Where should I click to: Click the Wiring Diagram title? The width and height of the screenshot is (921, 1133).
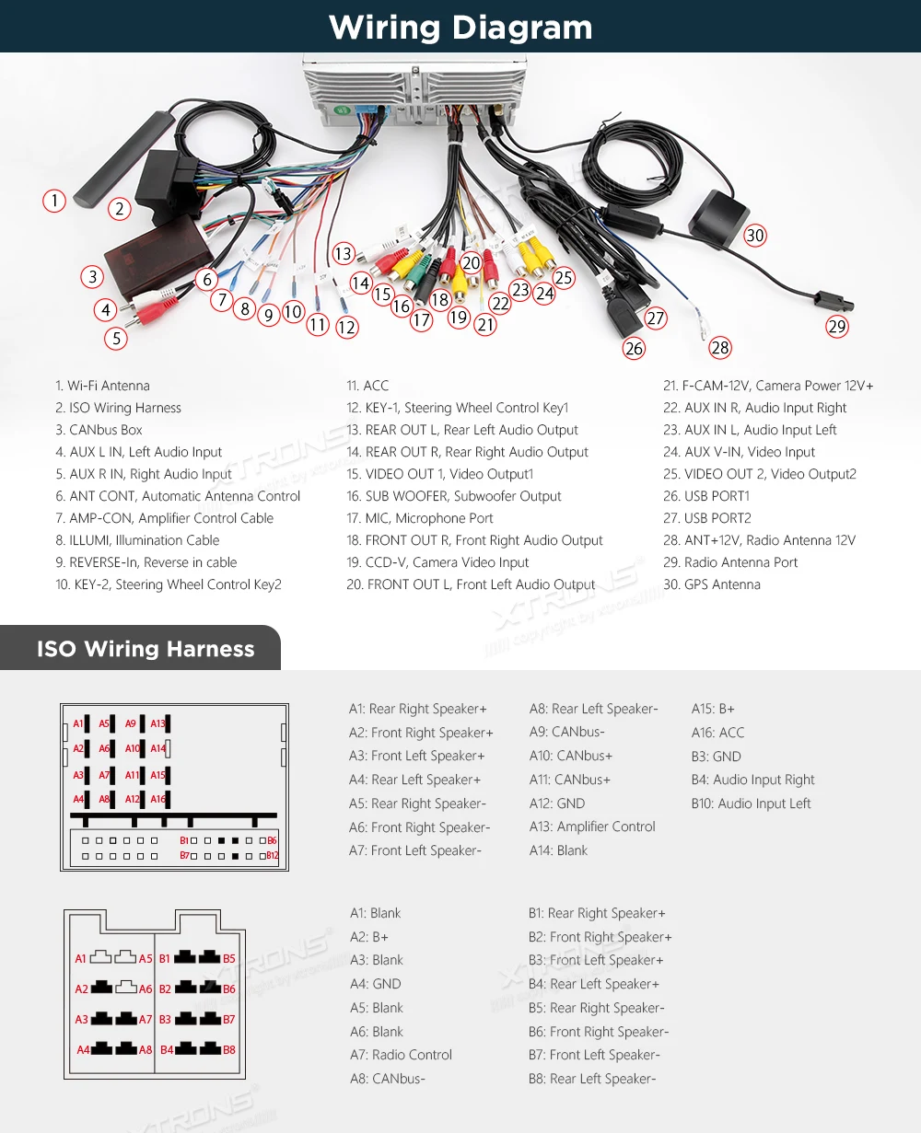pyautogui.click(x=460, y=27)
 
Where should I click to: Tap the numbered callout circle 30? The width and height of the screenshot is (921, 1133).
pyautogui.click(x=755, y=236)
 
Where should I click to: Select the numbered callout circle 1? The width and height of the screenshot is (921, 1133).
pyautogui.click(x=54, y=201)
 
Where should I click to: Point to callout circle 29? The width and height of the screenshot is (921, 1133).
pyautogui.click(x=836, y=326)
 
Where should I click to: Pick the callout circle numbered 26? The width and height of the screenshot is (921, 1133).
pyautogui.click(x=634, y=348)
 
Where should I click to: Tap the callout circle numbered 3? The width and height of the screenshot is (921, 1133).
pyautogui.click(x=91, y=276)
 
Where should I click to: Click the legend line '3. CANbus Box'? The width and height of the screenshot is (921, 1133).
pyautogui.click(x=99, y=430)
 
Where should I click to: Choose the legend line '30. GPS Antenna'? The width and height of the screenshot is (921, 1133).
pyautogui.click(x=712, y=584)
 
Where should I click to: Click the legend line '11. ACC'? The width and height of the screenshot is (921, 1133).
pyautogui.click(x=367, y=386)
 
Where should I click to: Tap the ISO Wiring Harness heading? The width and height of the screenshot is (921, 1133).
pyautogui.click(x=146, y=649)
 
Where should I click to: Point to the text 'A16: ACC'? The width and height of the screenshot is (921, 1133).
pyautogui.click(x=717, y=733)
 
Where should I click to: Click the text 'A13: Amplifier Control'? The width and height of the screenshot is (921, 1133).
pyautogui.click(x=592, y=827)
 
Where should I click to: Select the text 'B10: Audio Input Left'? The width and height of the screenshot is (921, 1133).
pyautogui.click(x=751, y=804)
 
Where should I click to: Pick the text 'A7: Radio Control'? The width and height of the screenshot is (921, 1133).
pyautogui.click(x=401, y=1055)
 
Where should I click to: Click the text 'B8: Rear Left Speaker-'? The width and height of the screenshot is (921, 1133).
pyautogui.click(x=592, y=1079)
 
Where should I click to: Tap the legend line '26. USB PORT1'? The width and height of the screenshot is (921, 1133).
pyautogui.click(x=706, y=496)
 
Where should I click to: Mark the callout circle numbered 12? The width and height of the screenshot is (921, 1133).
pyautogui.click(x=346, y=327)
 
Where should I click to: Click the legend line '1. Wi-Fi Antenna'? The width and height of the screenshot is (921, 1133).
pyautogui.click(x=102, y=386)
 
